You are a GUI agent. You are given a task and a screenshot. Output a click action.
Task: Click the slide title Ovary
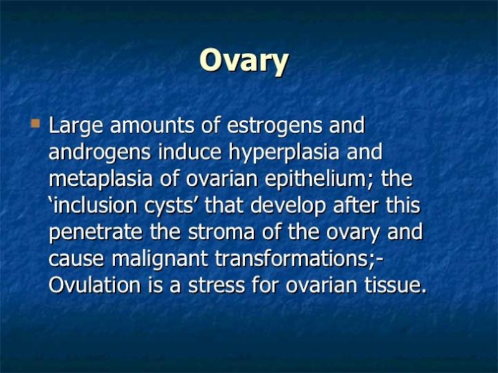tap(244, 61)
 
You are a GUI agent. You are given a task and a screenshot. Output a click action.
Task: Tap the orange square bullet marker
tap(35, 123)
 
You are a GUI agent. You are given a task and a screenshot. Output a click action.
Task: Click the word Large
tap(75, 126)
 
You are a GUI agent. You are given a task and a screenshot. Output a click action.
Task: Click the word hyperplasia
tap(284, 153)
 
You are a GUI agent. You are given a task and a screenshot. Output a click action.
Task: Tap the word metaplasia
tap(100, 180)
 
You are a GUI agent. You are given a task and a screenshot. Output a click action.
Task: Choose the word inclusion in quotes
tap(96, 205)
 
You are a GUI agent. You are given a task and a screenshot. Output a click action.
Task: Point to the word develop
tap(288, 206)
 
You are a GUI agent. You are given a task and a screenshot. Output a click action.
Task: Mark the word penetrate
tap(95, 233)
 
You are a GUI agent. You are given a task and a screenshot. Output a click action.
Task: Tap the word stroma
tap(221, 232)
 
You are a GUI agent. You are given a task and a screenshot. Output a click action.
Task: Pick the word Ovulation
tap(95, 285)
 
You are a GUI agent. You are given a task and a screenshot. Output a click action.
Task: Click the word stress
tap(216, 285)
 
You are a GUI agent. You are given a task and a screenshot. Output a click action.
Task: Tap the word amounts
tap(152, 126)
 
